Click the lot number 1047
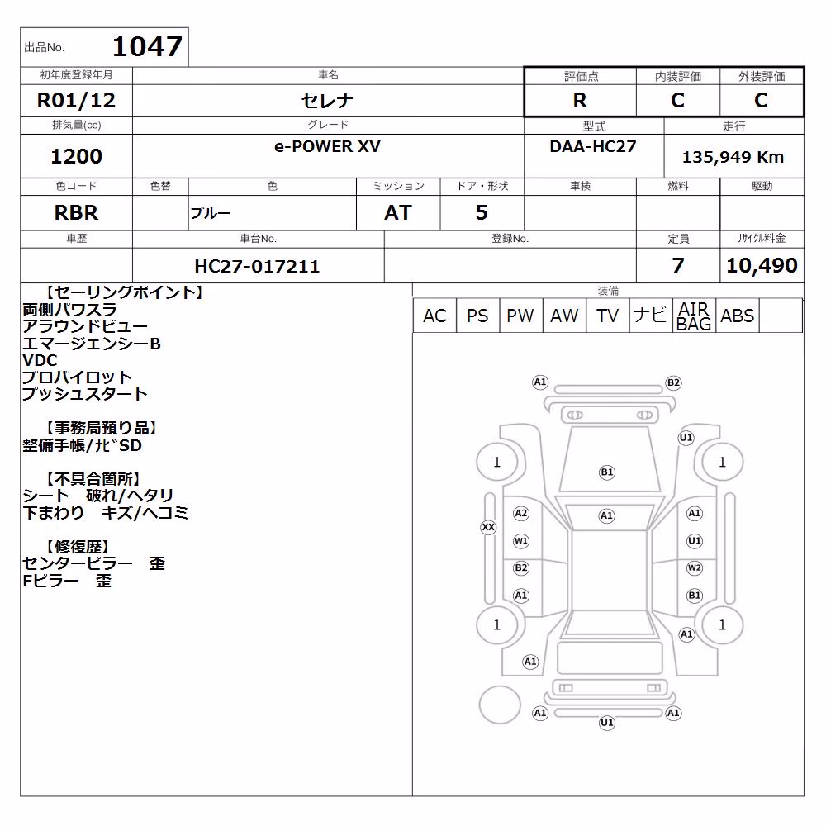click(148, 46)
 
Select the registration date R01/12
click(76, 100)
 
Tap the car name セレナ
click(327, 100)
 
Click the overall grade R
click(580, 100)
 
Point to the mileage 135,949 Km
click(733, 157)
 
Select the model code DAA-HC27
click(592, 146)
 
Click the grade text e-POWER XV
click(327, 146)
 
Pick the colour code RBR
click(76, 213)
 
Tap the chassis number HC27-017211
click(257, 266)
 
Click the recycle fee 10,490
click(762, 265)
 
